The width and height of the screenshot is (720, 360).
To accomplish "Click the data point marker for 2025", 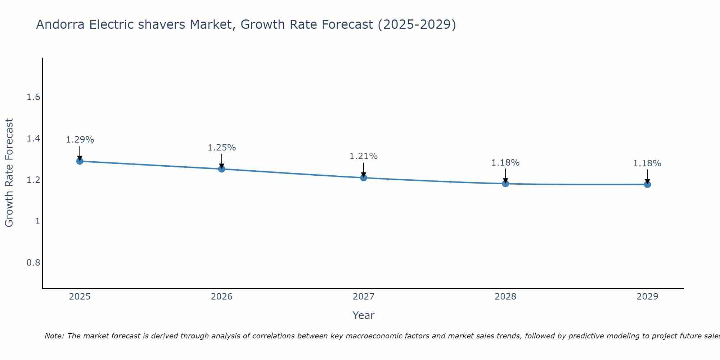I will coord(80,161).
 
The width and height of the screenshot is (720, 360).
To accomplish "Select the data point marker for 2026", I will coord(222,169).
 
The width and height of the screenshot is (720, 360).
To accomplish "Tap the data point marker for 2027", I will coord(364,177).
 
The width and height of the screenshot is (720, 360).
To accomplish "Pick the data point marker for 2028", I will coord(505,184).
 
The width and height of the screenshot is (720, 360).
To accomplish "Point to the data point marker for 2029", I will coord(647,184).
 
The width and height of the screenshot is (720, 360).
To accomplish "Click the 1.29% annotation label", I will coord(80,140).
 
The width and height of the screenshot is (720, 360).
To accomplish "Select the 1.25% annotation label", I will coord(222,148).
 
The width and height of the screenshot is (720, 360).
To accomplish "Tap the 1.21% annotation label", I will coord(364,156).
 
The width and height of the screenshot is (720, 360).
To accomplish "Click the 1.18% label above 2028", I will coord(505,163).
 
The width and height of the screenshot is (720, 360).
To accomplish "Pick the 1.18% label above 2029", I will coord(647,163).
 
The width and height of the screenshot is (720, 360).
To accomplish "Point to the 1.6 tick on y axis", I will coord(33,97).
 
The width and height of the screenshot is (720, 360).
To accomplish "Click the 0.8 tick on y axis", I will coord(33,262).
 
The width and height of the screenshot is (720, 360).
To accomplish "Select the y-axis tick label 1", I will coord(37,221).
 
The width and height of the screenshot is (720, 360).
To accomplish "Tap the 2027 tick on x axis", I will coord(364,297).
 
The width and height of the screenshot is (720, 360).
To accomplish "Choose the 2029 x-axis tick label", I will coord(647,297).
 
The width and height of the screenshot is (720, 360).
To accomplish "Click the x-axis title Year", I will coord(364,315).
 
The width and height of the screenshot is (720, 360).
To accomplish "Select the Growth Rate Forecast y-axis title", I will coord(9,173).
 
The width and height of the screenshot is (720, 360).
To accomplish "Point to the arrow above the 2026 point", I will coord(222,161).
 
